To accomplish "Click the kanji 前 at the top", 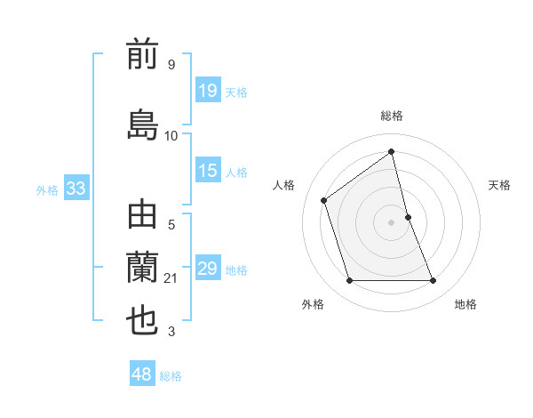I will click(143, 55).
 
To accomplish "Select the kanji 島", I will click(143, 124).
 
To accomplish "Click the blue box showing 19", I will click(207, 90).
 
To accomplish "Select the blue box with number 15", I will click(207, 171).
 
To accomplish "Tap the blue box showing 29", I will click(207, 269).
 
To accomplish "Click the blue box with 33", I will click(76, 189).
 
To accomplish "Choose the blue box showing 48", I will click(142, 374).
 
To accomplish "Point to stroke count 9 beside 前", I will click(171, 65).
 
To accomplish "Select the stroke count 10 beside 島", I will click(171, 136).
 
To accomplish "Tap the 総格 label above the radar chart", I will click(392, 116).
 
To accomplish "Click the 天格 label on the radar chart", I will click(500, 185).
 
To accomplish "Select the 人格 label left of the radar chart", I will click(284, 185).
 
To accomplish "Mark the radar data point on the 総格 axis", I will click(392, 151).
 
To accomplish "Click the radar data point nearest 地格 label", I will click(434, 281).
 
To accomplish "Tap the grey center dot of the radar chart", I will click(392, 222).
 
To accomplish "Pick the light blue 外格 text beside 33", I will click(47, 189).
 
